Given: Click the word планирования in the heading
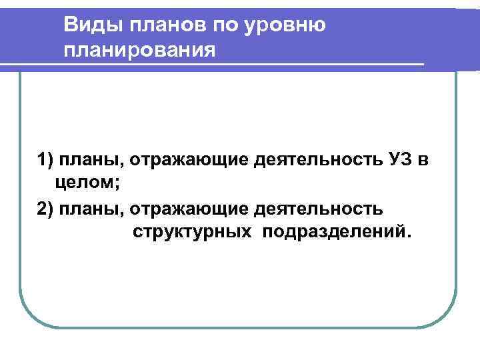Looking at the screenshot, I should point(141,51).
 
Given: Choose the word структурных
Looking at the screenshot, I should point(191,231).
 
